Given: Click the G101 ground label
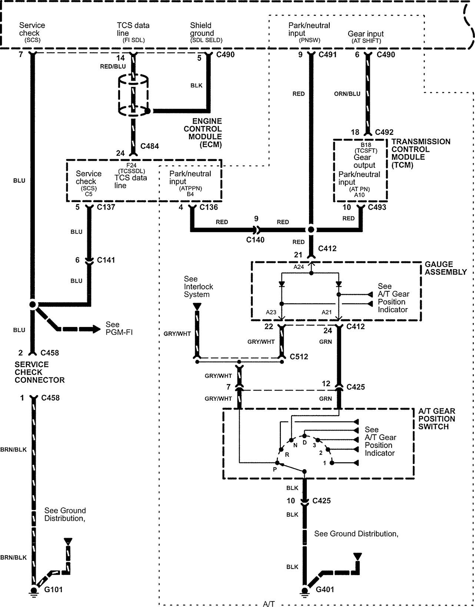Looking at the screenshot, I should [54, 589].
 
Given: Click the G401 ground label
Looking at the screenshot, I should [325, 589].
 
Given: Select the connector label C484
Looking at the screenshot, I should [149, 146].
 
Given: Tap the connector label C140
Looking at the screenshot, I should [255, 240].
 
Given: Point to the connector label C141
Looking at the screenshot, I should [106, 260].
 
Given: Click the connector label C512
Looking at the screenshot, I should [299, 357].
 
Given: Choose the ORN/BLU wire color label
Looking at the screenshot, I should [347, 94].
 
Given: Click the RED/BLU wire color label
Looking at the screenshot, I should [113, 67].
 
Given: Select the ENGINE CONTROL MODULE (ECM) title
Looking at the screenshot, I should [203, 133].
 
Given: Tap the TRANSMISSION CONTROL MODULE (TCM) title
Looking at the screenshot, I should [421, 153].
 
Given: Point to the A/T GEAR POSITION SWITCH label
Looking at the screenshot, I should [437, 419].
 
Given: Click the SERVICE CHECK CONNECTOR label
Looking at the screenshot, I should [40, 372].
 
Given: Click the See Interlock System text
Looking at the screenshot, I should [199, 287].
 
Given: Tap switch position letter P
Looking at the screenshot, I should [275, 469].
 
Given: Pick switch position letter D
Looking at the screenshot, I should [305, 442].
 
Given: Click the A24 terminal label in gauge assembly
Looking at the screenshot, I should [299, 267].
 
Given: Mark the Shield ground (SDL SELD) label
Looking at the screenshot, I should [206, 33].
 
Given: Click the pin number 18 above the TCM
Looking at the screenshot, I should [355, 132].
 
